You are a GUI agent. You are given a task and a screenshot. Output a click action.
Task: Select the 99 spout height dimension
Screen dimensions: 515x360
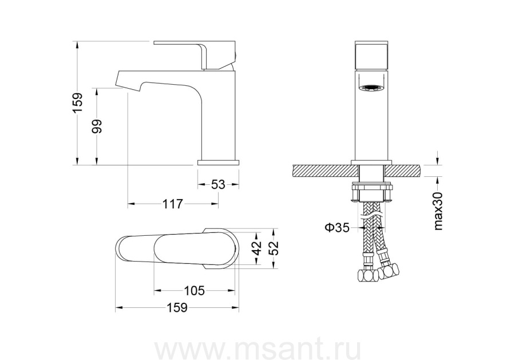[97, 126]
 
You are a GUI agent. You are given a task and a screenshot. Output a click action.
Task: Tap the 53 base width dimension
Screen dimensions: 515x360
[218, 185]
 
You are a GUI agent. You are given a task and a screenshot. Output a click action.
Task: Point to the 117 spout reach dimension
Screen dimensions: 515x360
[173, 204]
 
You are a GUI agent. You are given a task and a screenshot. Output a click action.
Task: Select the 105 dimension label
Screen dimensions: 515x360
[194, 290]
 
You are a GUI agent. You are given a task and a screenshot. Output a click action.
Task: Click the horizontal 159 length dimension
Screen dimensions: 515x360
[177, 308]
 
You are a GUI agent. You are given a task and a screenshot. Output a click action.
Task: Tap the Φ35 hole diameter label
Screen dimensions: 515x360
[337, 227]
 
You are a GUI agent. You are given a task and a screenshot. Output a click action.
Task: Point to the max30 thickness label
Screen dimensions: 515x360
[438, 211]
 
